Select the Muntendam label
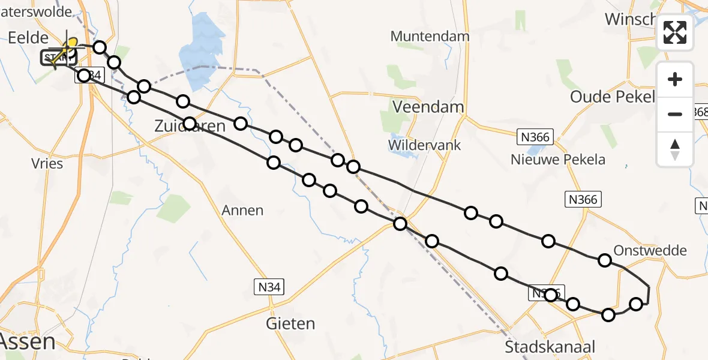pos(430,36)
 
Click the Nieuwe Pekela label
pos(558,160)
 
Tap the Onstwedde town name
pos(650,250)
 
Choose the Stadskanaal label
pos(550,347)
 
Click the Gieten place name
pos(290,324)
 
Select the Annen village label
pos(242,210)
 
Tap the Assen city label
pos(28,342)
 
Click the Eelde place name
pos(28,38)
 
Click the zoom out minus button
pos(675,114)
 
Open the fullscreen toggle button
pos(675,32)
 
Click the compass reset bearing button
pos(675,149)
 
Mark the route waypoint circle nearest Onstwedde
pos(605,260)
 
